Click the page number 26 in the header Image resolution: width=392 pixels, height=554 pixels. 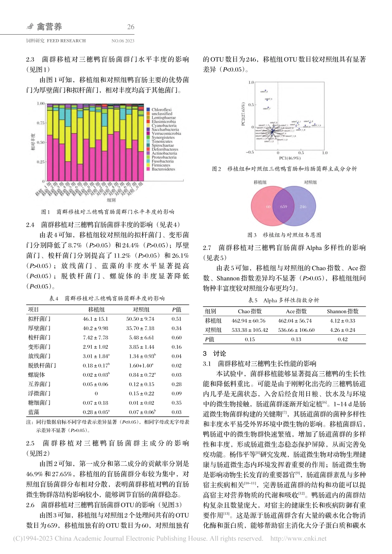[130, 27]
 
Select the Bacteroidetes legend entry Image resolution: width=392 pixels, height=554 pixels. [163, 169]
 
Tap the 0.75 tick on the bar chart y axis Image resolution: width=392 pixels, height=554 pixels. [40, 123]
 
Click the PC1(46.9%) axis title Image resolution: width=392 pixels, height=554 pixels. [290, 158]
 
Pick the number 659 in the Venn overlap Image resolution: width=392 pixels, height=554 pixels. [284, 207]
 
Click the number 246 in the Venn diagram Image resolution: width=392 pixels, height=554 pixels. [303, 207]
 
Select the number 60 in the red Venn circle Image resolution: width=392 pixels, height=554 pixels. [268, 207]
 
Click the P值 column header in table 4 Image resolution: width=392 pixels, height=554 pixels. [176, 310]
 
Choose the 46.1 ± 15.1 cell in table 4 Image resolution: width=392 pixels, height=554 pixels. [95, 319]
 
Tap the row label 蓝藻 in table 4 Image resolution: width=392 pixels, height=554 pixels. [34, 412]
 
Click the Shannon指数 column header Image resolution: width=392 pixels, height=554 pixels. [342, 312]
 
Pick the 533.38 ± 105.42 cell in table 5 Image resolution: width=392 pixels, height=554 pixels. [250, 330]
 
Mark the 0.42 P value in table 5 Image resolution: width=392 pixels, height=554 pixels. [342, 340]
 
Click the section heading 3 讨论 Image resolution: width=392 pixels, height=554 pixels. [214, 353]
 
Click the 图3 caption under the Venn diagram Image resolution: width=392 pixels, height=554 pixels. [284, 235]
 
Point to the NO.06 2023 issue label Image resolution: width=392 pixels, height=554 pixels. [123, 41]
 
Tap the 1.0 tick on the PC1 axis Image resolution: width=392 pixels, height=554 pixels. [325, 153]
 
